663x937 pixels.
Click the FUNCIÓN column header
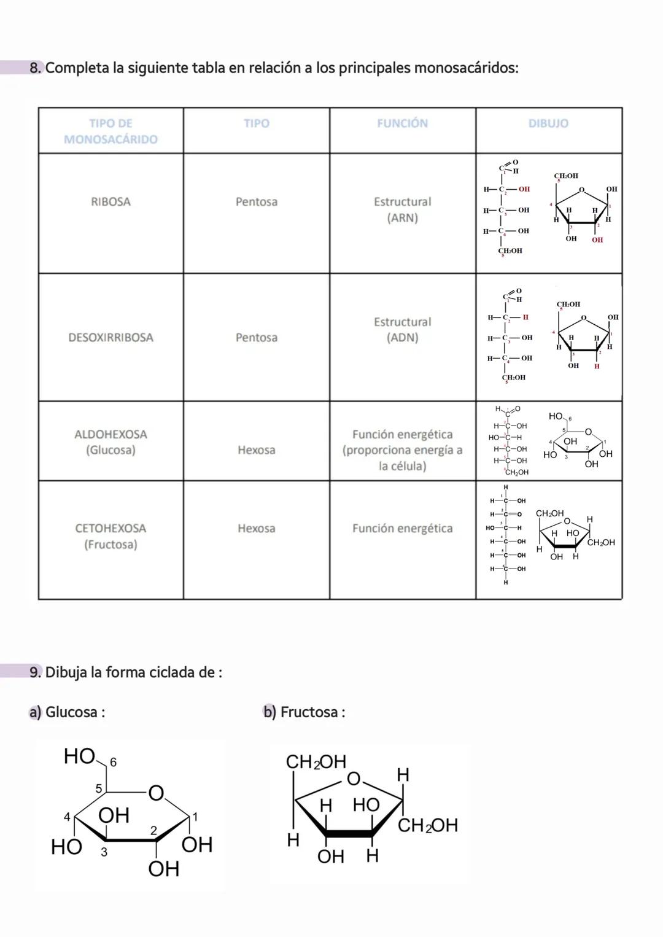pyautogui.click(x=402, y=123)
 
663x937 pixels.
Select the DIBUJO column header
pyautogui.click(x=548, y=123)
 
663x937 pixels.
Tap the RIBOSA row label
pyautogui.click(x=110, y=202)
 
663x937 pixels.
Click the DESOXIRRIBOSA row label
pyautogui.click(x=110, y=338)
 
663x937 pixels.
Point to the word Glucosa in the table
pyautogui.click(x=110, y=450)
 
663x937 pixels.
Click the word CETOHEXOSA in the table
pyautogui.click(x=110, y=528)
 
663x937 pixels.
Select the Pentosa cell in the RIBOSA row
pyautogui.click(x=256, y=202)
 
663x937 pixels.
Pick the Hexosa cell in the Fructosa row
pyautogui.click(x=256, y=528)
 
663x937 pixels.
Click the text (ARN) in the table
pyautogui.click(x=402, y=218)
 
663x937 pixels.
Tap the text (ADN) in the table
pyautogui.click(x=402, y=338)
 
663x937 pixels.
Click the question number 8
pyautogui.click(x=36, y=68)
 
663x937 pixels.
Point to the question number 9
pyautogui.click(x=36, y=672)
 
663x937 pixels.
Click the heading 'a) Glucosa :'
pyautogui.click(x=68, y=712)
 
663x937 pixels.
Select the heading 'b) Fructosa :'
pyautogui.click(x=304, y=712)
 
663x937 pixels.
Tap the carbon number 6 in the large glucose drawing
pyautogui.click(x=112, y=763)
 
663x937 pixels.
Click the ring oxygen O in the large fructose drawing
pyautogui.click(x=354, y=779)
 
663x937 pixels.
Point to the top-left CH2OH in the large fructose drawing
pyautogui.click(x=316, y=763)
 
